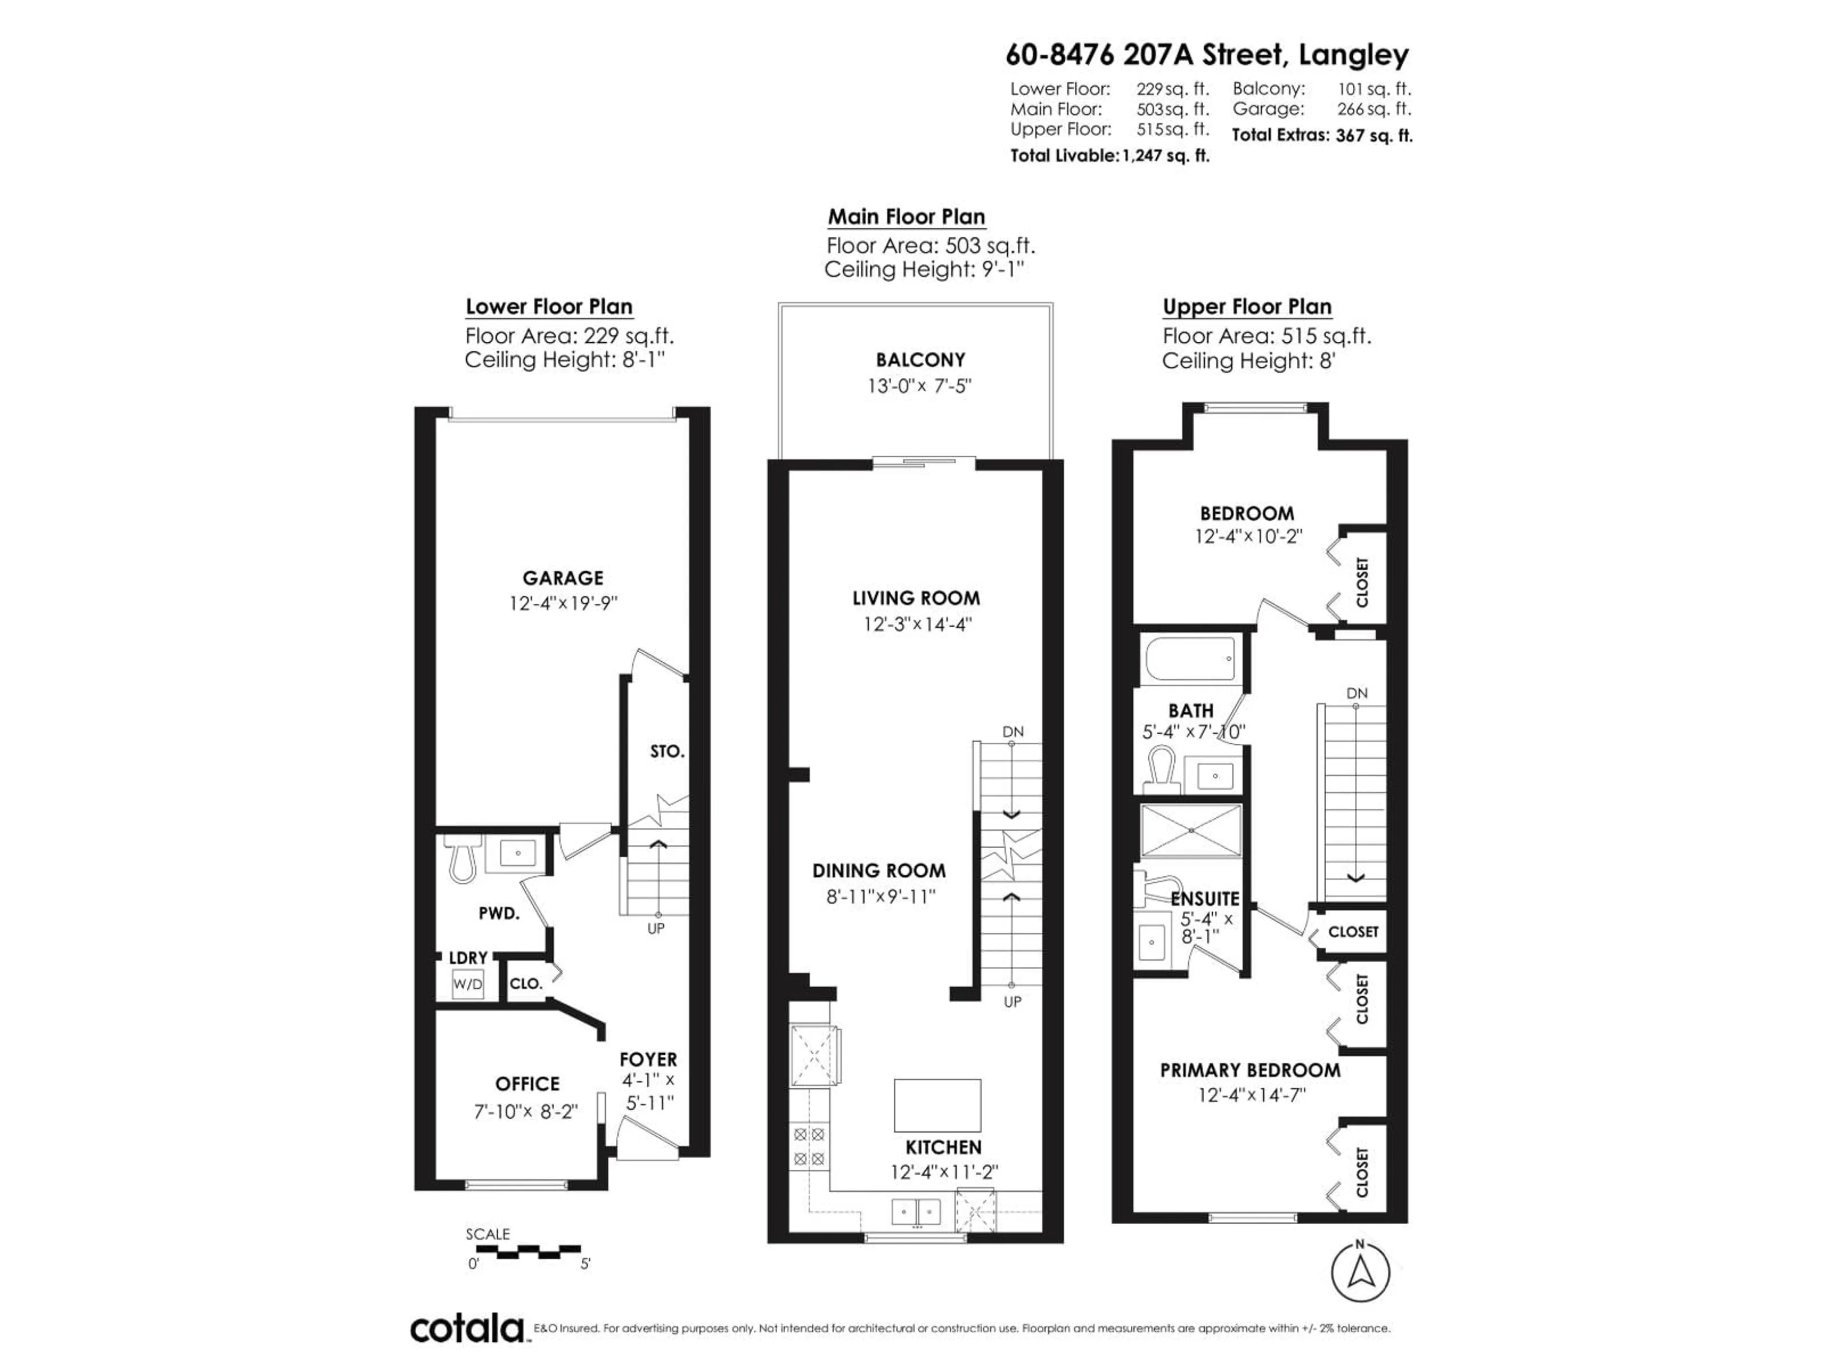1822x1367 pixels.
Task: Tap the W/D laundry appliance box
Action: (467, 984)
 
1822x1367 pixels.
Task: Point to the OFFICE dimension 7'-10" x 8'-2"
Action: (526, 1112)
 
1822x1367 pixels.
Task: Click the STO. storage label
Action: (666, 751)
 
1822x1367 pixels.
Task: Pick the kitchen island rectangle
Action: (938, 1105)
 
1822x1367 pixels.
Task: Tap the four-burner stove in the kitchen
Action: (809, 1146)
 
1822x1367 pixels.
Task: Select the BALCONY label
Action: (920, 360)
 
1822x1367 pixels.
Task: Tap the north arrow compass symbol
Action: (1360, 1272)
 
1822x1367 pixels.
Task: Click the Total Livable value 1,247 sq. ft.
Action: (1165, 156)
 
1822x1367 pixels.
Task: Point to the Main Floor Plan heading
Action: (906, 217)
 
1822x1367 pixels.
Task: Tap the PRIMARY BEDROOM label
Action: (1249, 1070)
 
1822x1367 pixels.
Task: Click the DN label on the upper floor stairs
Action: (1357, 693)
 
